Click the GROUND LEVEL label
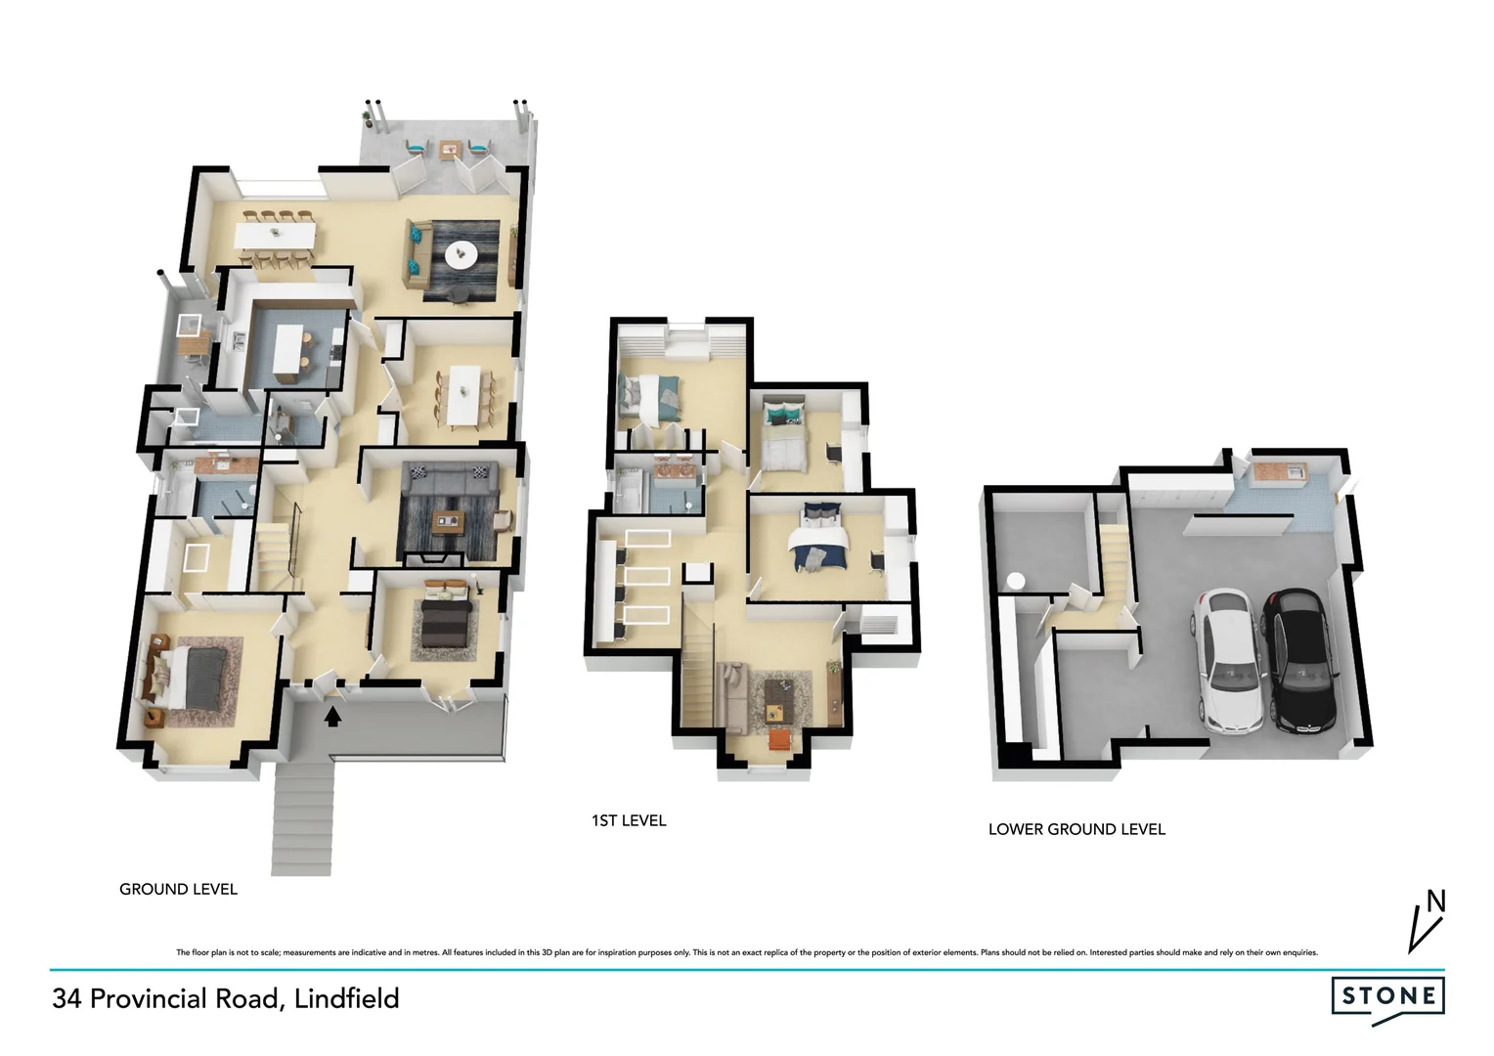(178, 889)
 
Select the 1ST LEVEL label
(629, 820)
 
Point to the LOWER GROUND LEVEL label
(1077, 829)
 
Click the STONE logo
(1387, 996)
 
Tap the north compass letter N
(1435, 901)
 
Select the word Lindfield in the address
(346, 998)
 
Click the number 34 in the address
(66, 998)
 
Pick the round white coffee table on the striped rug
(460, 254)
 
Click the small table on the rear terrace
(449, 150)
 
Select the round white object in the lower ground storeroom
(1016, 582)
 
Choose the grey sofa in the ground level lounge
(451, 478)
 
